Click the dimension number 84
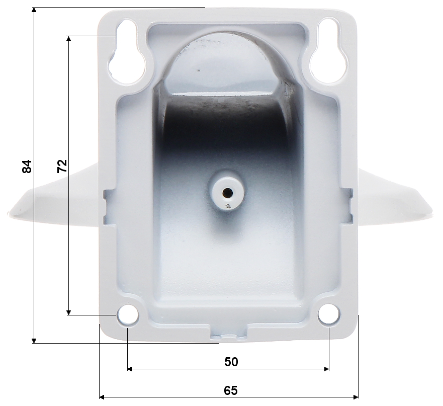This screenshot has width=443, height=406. click(x=27, y=167)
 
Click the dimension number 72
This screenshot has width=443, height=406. click(x=62, y=166)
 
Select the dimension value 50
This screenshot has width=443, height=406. click(x=231, y=362)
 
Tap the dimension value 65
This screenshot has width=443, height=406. click(x=231, y=391)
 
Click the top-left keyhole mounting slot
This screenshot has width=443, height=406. click(x=127, y=51)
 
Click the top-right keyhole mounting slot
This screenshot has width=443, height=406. click(x=327, y=51)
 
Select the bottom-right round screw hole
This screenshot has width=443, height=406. click(x=329, y=314)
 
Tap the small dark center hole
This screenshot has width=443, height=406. click(x=227, y=193)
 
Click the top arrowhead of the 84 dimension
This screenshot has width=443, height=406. click(x=34, y=10)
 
